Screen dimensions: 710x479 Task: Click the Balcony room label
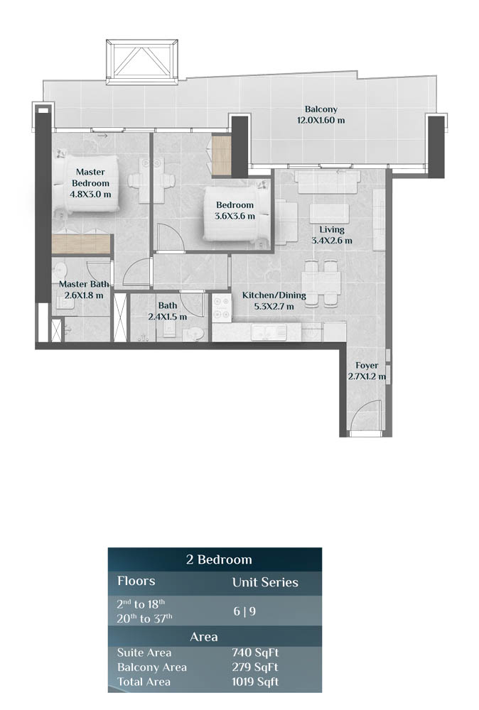[x=321, y=115]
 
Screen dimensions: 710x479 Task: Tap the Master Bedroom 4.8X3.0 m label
[x=90, y=182]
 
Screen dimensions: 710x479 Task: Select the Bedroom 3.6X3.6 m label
[x=235, y=211]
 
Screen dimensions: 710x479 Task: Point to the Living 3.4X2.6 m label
[x=331, y=235]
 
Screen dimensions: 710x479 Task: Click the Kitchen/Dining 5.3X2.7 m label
[x=274, y=300]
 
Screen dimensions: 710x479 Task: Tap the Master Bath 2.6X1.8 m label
[x=83, y=289]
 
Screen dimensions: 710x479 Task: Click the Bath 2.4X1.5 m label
[x=168, y=311]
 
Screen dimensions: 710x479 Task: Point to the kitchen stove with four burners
[x=221, y=307]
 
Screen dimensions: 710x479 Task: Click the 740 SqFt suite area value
[x=254, y=652]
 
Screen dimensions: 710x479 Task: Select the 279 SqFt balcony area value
[x=254, y=667]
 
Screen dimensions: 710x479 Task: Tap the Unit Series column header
[x=265, y=583]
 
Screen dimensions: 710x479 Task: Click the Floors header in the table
[x=136, y=581]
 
